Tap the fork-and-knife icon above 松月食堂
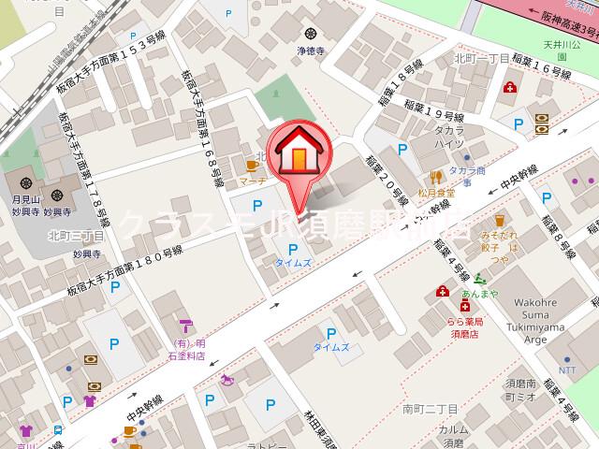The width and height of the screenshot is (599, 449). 436,176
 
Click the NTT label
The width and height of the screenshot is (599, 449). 567,370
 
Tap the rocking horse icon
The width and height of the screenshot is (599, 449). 226,381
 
